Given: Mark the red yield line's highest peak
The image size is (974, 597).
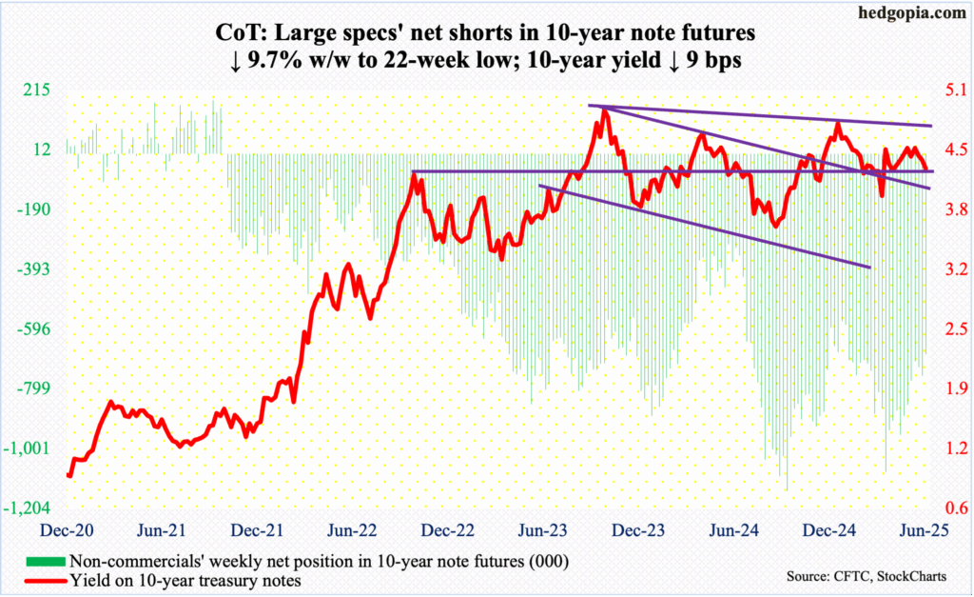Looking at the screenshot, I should click(604, 109).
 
